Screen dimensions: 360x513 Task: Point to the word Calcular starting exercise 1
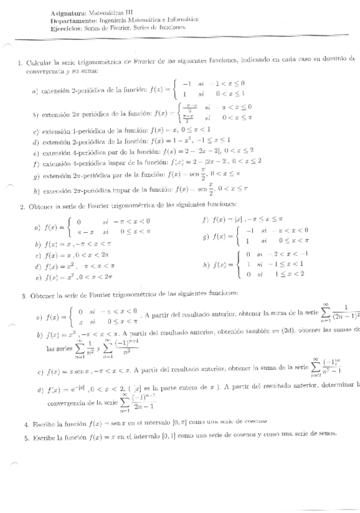[x=39, y=61]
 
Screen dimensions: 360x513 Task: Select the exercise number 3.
[x=22, y=296]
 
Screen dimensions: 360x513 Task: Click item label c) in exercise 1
[x=36, y=131]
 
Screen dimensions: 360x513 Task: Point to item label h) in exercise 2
[x=206, y=264]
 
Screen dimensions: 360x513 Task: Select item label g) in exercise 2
[x=206, y=237]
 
